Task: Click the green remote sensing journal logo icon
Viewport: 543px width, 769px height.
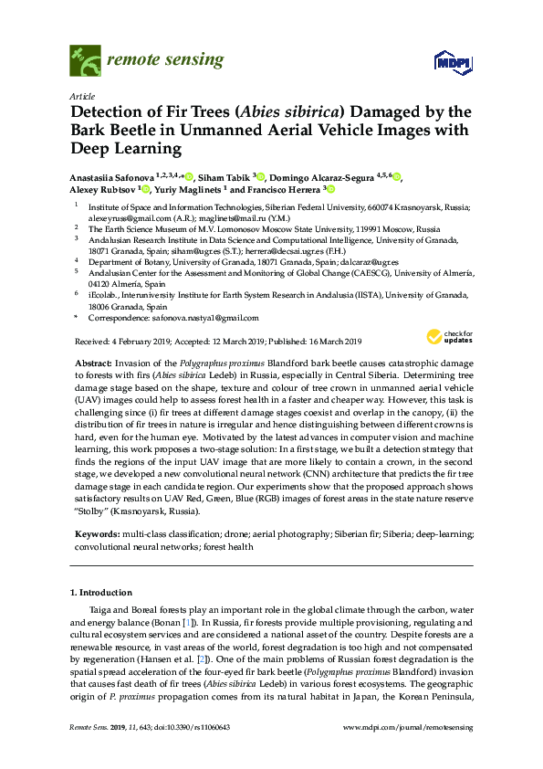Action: [85, 60]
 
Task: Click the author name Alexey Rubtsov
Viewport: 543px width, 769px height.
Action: [103, 190]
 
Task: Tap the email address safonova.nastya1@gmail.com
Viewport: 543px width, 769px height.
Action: [202, 318]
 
